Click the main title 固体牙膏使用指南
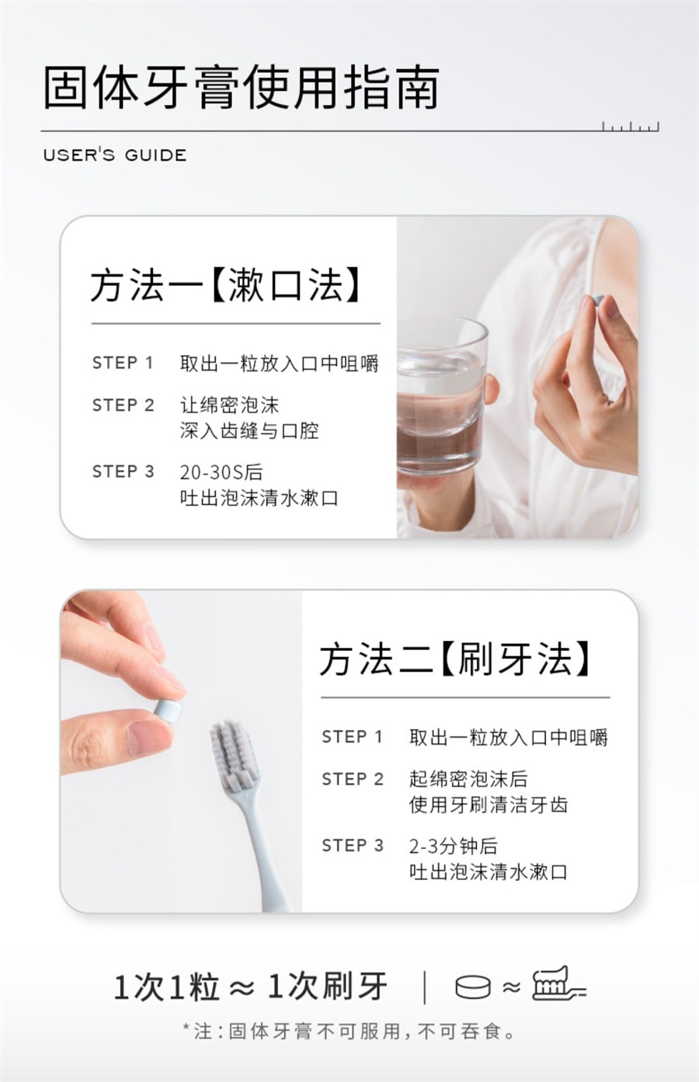pyautogui.click(x=241, y=88)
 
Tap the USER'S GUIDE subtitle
pyautogui.click(x=115, y=155)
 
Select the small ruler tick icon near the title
pyautogui.click(x=630, y=127)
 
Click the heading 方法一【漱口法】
pyautogui.click(x=226, y=285)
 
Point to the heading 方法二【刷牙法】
pyautogui.click(x=455, y=659)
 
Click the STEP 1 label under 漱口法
pyautogui.click(x=123, y=363)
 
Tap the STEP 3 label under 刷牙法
pyautogui.click(x=353, y=846)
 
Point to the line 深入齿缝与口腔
pyautogui.click(x=249, y=431)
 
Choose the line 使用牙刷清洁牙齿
pyautogui.click(x=489, y=805)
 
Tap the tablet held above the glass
pyautogui.click(x=593, y=302)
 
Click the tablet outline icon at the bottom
pyautogui.click(x=473, y=986)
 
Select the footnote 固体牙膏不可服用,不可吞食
pyautogui.click(x=360, y=1032)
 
